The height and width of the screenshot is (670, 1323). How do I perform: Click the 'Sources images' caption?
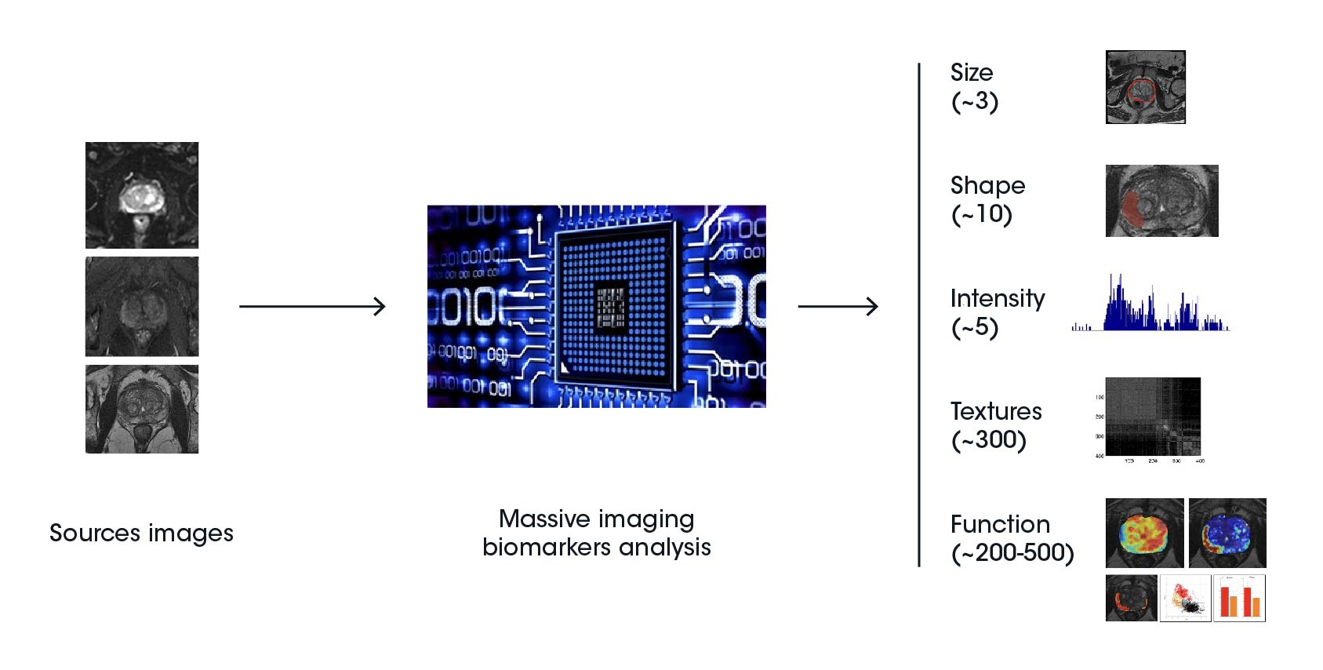(x=141, y=533)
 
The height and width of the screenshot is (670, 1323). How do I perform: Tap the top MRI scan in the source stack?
(x=142, y=195)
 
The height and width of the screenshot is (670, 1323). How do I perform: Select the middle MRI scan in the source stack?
(x=142, y=307)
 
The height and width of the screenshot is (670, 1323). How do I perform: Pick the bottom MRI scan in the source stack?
(x=142, y=409)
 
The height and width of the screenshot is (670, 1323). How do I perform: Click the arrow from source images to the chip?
(x=312, y=306)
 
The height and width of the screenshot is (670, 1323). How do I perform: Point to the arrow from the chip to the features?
(x=838, y=306)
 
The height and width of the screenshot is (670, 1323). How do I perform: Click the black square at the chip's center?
(x=611, y=307)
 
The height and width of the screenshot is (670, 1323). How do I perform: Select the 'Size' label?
(x=972, y=73)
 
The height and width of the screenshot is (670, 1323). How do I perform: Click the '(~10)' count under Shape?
(x=981, y=214)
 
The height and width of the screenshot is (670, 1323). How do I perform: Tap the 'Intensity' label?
(x=997, y=298)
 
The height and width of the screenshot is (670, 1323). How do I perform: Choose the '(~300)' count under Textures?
(x=988, y=440)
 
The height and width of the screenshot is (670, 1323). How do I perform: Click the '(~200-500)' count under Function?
(x=1012, y=553)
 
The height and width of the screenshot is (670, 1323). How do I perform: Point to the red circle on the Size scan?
(x=1141, y=91)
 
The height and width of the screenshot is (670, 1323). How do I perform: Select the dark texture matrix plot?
(x=1153, y=417)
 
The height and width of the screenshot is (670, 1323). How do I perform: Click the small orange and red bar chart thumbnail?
(x=1239, y=599)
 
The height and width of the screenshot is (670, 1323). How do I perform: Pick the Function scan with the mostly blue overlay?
(x=1227, y=533)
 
